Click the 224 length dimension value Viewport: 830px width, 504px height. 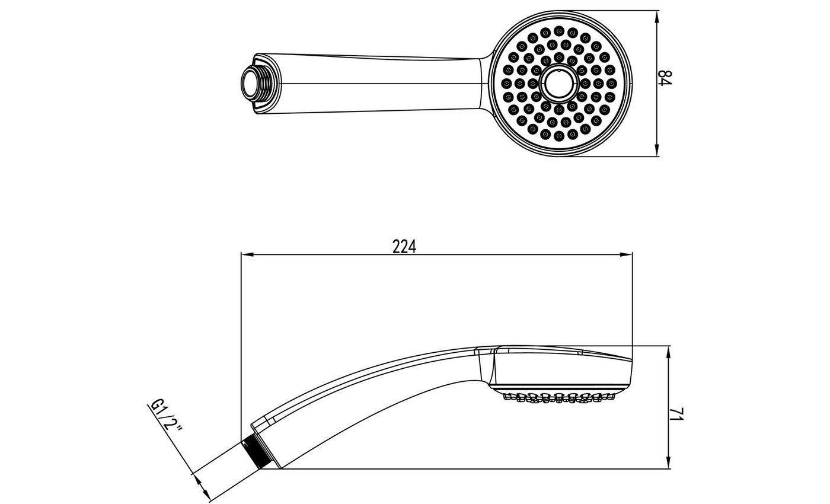click(404, 247)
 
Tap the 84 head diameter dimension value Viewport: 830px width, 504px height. click(665, 78)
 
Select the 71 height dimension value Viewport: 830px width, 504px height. click(676, 414)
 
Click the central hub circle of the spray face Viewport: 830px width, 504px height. click(558, 84)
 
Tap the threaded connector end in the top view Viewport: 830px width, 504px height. click(257, 84)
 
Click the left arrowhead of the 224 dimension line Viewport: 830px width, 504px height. click(247, 254)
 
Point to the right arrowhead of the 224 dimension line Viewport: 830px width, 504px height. click(627, 254)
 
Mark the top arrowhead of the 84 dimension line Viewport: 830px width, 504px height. click(657, 17)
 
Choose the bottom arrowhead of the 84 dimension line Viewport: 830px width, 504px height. click(657, 151)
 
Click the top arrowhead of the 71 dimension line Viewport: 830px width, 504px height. click(669, 352)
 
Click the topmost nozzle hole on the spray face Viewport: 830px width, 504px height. click(558, 30)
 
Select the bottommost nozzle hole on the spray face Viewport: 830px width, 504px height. click(558, 136)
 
